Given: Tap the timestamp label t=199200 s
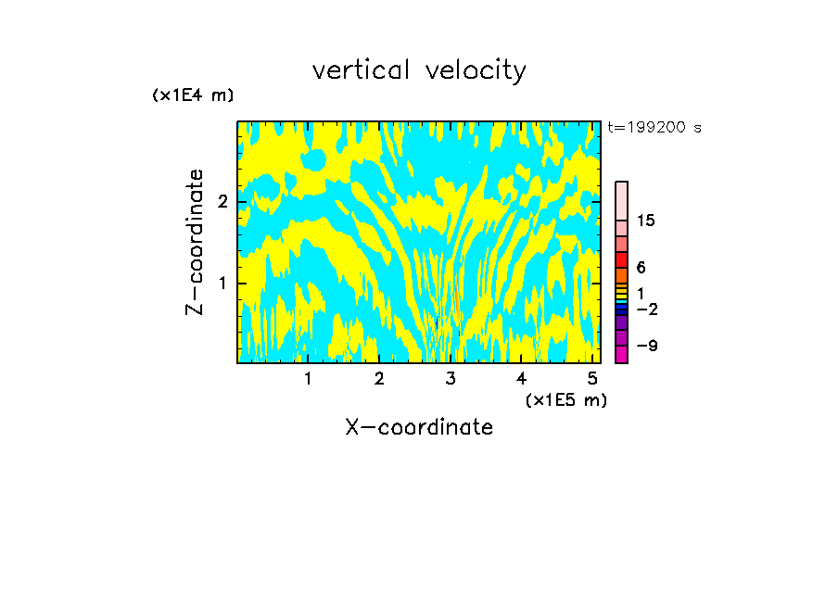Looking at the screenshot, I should click(654, 128).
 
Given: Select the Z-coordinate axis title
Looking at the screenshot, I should click(195, 242).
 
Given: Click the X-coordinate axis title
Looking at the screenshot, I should click(419, 427).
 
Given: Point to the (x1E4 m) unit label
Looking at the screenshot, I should click(193, 95).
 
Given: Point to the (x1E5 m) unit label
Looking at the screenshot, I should click(565, 399).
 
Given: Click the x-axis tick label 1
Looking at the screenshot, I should click(308, 378).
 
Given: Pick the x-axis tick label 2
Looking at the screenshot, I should click(379, 378).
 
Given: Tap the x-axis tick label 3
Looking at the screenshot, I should click(451, 378).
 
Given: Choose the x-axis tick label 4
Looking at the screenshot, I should click(522, 378).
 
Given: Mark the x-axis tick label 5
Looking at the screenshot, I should click(592, 378).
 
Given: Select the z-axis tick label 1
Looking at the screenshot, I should click(223, 283).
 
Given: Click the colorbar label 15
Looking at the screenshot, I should click(646, 221).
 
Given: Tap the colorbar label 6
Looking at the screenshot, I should click(641, 268).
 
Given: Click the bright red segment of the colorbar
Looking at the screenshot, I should click(621, 259).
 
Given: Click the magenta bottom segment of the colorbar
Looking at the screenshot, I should click(621, 354).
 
